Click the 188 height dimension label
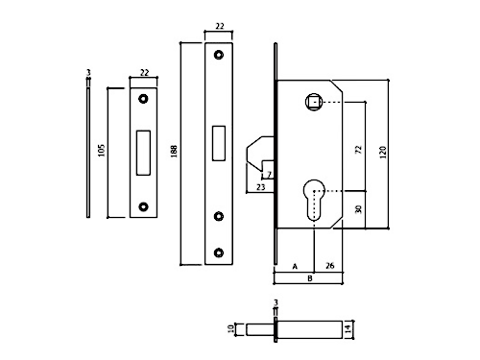(174, 152)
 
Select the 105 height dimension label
(101, 150)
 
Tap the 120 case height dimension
(383, 152)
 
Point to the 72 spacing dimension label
(358, 150)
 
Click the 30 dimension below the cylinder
(358, 209)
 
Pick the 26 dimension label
(330, 266)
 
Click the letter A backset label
(295, 266)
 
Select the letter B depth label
(309, 278)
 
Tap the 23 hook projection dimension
(261, 187)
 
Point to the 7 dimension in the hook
(269, 175)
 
